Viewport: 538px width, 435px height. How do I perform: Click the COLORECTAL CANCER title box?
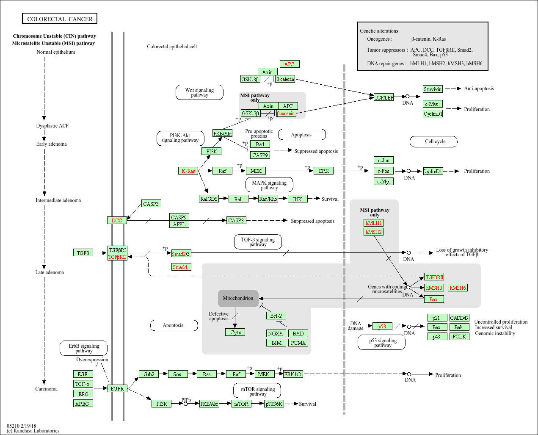pos(60,19)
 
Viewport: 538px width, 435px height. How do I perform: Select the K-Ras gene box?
pos(188,171)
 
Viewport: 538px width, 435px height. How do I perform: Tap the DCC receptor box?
pos(117,221)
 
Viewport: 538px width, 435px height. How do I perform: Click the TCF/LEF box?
pos(383,97)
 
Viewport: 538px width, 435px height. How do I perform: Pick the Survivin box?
pos(433,89)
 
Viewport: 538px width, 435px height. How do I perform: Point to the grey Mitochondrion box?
pos(238,298)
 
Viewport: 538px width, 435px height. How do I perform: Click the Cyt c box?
pos(235,332)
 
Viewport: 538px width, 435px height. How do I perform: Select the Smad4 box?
pos(181,267)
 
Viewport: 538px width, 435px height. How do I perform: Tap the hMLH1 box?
pos(373,223)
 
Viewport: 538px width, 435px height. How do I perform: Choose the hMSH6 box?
pos(458,288)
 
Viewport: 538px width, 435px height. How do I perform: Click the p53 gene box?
pos(382,327)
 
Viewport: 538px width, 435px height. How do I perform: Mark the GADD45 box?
pos(459,318)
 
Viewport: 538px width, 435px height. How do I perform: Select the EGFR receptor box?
pos(117,388)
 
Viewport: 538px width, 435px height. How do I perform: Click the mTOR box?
pos(241,404)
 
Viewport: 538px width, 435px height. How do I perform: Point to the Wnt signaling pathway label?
pos(199,92)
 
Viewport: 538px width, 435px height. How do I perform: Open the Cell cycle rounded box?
pos(433,141)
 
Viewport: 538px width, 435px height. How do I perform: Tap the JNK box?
pos(298,199)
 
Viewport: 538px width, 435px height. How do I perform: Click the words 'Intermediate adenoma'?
pos(58,200)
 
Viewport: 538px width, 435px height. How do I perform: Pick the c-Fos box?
pos(383,171)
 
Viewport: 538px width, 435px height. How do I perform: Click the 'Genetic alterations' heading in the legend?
pos(379,31)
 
